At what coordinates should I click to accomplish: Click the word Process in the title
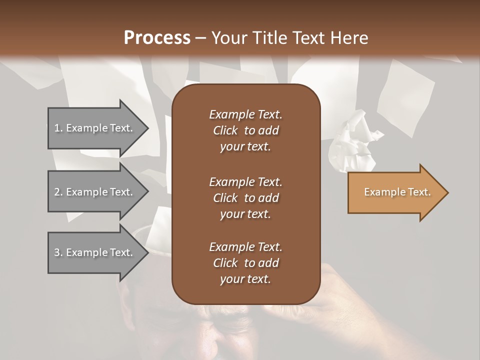coord(157,38)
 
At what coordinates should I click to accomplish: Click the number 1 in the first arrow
coord(56,128)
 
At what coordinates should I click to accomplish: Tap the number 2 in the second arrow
coord(57,192)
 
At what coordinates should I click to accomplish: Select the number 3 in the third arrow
coord(57,252)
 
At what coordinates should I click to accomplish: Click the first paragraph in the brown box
coord(245,130)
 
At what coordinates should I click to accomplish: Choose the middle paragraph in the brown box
coord(245,197)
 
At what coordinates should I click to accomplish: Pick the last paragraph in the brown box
coord(245,263)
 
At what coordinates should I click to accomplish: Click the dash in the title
coord(201,38)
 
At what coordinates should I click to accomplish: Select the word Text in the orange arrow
coord(419,192)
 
